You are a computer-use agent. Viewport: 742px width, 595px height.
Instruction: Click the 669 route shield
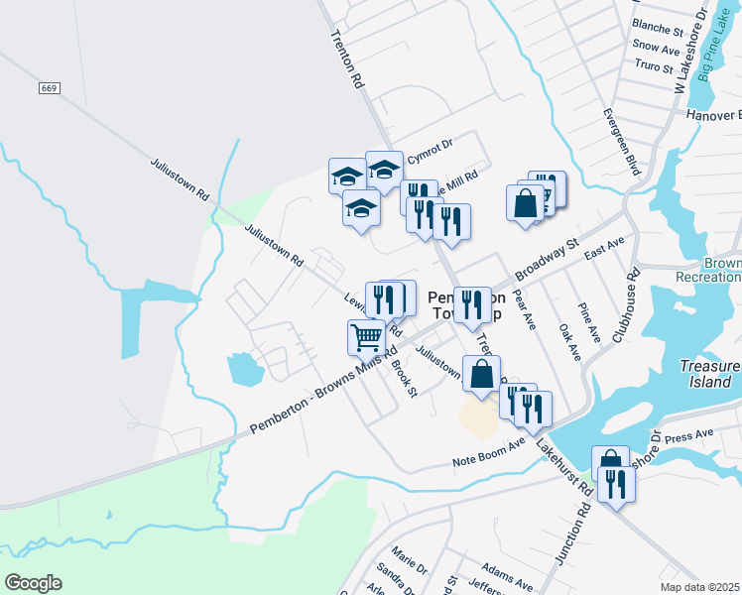[x=49, y=89]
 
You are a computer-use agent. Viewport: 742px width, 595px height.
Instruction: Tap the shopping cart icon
[x=366, y=338]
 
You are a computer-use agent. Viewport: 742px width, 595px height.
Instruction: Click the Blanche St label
[x=659, y=29]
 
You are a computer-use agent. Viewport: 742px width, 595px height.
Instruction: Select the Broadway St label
[x=545, y=260]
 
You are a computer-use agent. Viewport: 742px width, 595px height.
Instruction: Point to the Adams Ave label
[x=501, y=572]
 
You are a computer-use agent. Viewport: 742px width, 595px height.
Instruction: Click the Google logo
[x=33, y=582]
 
